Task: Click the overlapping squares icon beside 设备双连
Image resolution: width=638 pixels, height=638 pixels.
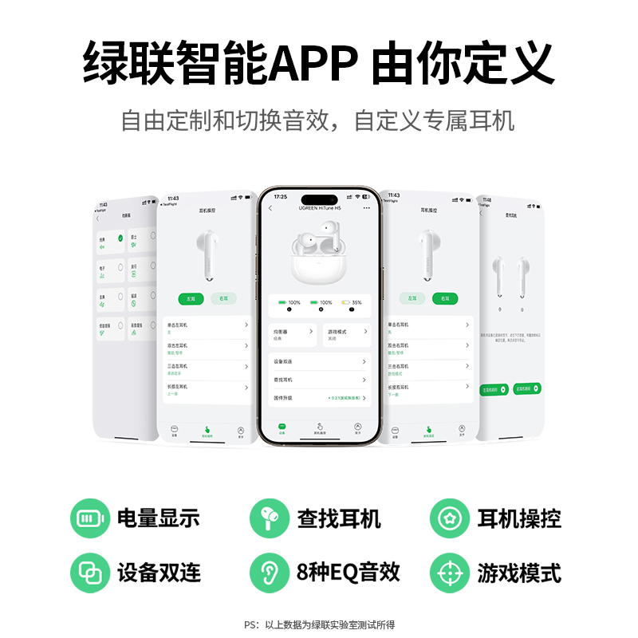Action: point(91,573)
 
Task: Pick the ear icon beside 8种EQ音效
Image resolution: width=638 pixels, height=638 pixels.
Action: point(270,573)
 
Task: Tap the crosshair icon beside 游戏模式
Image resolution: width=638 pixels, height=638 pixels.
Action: point(451,573)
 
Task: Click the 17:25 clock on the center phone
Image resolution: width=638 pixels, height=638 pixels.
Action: point(281,196)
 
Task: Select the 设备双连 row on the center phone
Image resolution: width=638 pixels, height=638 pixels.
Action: point(319,362)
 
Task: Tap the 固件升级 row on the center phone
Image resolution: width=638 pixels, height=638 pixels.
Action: point(319,397)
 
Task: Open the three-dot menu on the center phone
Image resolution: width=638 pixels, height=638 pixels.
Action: point(367,208)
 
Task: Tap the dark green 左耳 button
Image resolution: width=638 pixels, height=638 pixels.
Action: point(191,298)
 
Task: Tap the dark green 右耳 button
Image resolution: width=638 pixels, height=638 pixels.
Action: point(445,298)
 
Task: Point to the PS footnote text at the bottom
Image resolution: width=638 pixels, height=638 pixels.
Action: point(319,625)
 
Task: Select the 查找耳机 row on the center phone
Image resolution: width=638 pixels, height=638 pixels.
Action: point(319,380)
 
